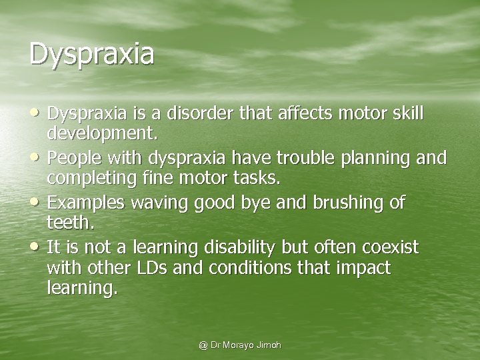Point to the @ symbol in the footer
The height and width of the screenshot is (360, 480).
pos(203,345)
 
